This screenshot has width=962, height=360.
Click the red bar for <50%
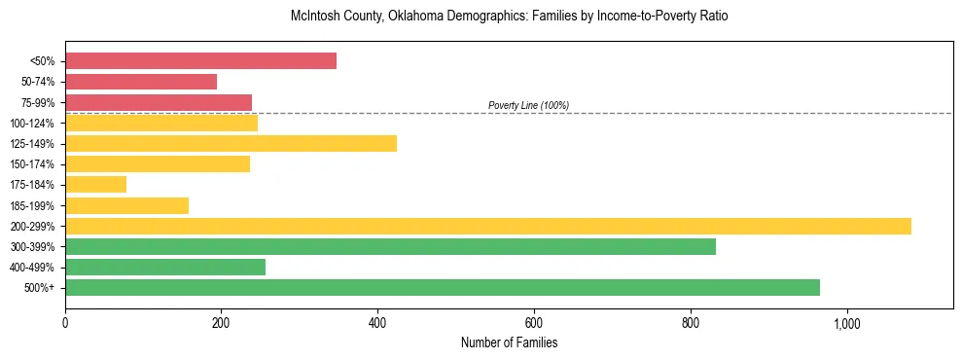pyautogui.click(x=200, y=61)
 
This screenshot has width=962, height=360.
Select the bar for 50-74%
pyautogui.click(x=141, y=82)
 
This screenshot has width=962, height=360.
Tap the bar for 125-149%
pyautogui.click(x=231, y=144)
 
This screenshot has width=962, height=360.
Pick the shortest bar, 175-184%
pyautogui.click(x=95, y=185)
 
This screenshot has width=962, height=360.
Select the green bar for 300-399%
pyautogui.click(x=390, y=247)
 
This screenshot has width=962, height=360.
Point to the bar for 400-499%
pyautogui.click(x=165, y=268)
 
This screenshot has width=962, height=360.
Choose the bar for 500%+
pyautogui.click(x=443, y=288)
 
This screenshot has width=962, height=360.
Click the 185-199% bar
pyautogui.click(x=126, y=205)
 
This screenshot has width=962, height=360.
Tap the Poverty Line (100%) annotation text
pyautogui.click(x=528, y=105)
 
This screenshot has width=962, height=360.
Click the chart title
pyautogui.click(x=509, y=17)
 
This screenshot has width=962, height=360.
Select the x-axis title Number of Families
pyautogui.click(x=509, y=342)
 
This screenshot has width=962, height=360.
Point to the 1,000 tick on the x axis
pyautogui.click(x=846, y=322)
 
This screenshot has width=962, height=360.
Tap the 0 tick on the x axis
pyautogui.click(x=65, y=322)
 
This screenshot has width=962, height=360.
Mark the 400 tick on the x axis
pyautogui.click(x=377, y=322)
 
